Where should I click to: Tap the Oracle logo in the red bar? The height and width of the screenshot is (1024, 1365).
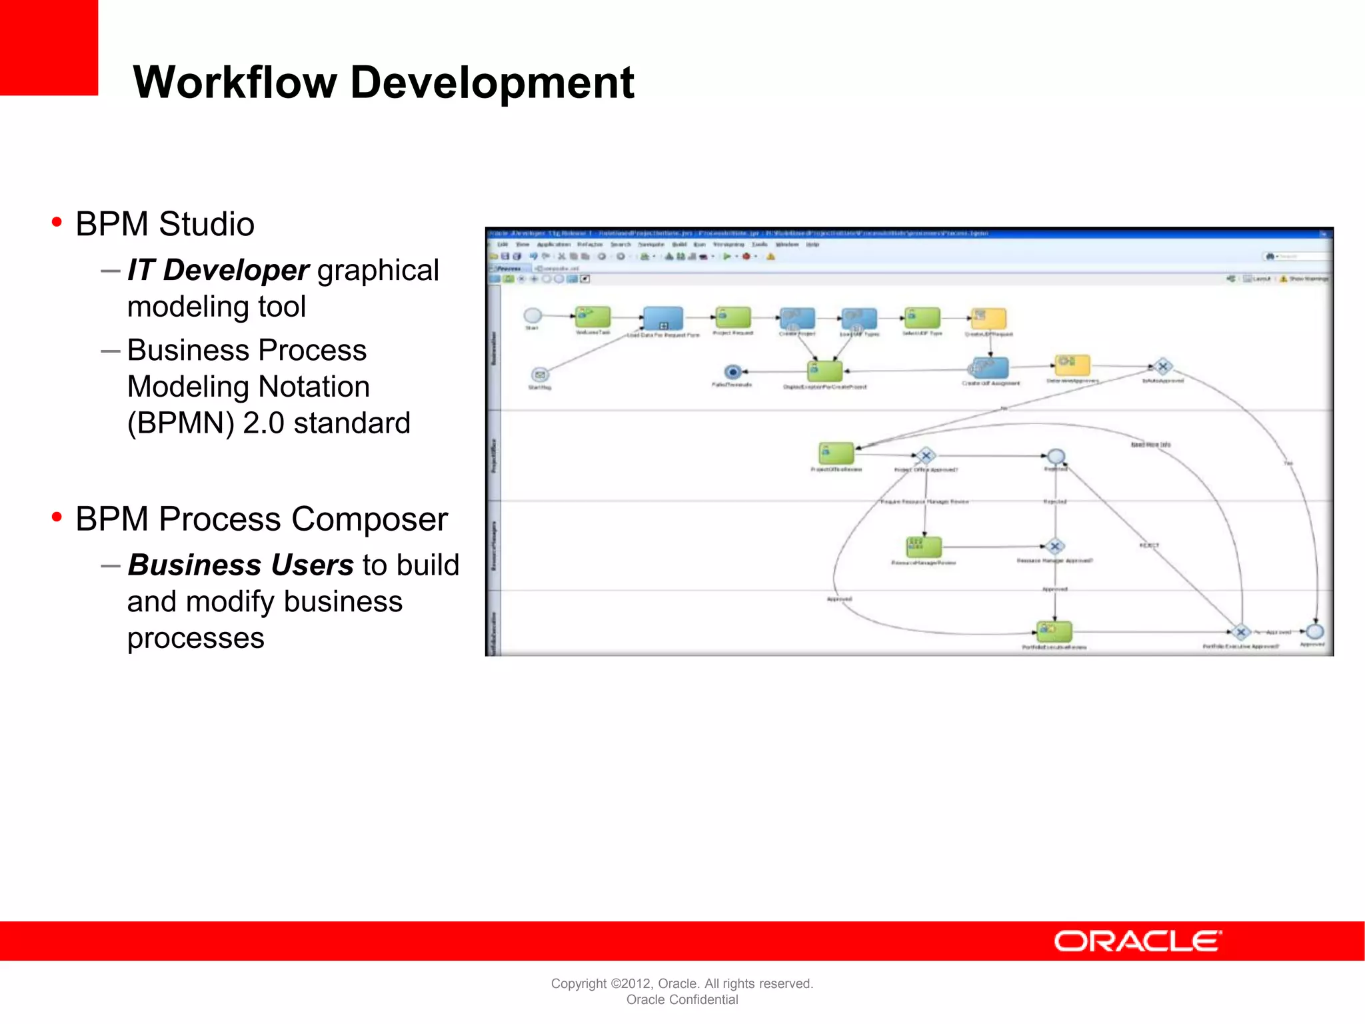tap(1137, 941)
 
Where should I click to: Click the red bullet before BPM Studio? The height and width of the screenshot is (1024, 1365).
tap(57, 222)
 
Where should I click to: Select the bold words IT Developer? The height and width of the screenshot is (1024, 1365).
tap(218, 270)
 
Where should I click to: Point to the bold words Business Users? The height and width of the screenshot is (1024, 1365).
tap(240, 565)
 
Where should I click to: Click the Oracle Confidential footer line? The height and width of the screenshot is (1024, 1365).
tap(682, 999)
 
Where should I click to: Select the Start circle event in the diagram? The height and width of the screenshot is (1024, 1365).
tap(533, 315)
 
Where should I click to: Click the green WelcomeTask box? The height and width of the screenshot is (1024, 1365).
tap(593, 317)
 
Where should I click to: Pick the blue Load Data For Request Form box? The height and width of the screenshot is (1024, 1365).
tap(663, 319)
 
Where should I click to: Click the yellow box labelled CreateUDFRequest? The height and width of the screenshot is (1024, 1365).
tap(988, 319)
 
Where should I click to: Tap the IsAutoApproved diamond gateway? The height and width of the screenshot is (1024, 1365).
tap(1163, 367)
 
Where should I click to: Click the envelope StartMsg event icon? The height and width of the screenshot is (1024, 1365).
tap(540, 375)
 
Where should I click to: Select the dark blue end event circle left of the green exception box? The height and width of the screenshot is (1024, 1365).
tap(732, 371)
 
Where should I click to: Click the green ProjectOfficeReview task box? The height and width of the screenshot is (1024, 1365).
tap(836, 453)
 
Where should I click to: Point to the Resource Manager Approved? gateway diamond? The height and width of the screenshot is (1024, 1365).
tap(1054, 547)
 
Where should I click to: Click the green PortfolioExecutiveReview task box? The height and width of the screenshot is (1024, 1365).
tap(1054, 631)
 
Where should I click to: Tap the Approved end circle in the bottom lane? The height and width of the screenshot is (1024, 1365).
tap(1314, 631)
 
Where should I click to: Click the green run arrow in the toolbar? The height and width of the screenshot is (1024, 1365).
tap(726, 256)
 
